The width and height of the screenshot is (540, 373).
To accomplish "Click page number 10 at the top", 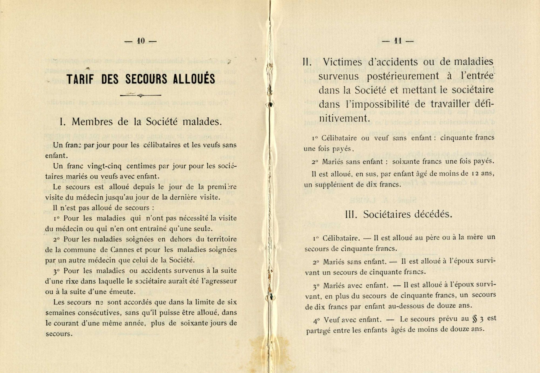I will tap(141, 41).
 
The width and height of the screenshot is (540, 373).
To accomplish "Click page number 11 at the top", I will tap(398, 41).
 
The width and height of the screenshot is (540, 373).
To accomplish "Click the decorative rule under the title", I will tap(141, 95).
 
